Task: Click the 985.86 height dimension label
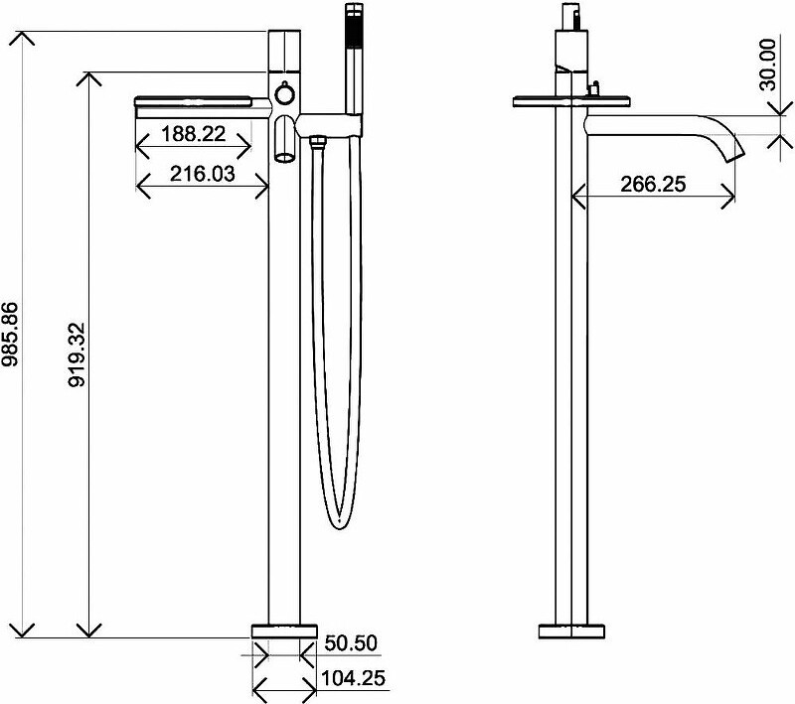click(9, 335)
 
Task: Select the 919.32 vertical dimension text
click(77, 354)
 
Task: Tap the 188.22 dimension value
click(193, 134)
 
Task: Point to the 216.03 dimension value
click(203, 174)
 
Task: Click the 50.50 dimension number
click(351, 643)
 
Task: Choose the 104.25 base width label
click(354, 677)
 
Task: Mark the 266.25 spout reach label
click(653, 184)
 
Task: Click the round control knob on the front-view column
click(284, 94)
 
